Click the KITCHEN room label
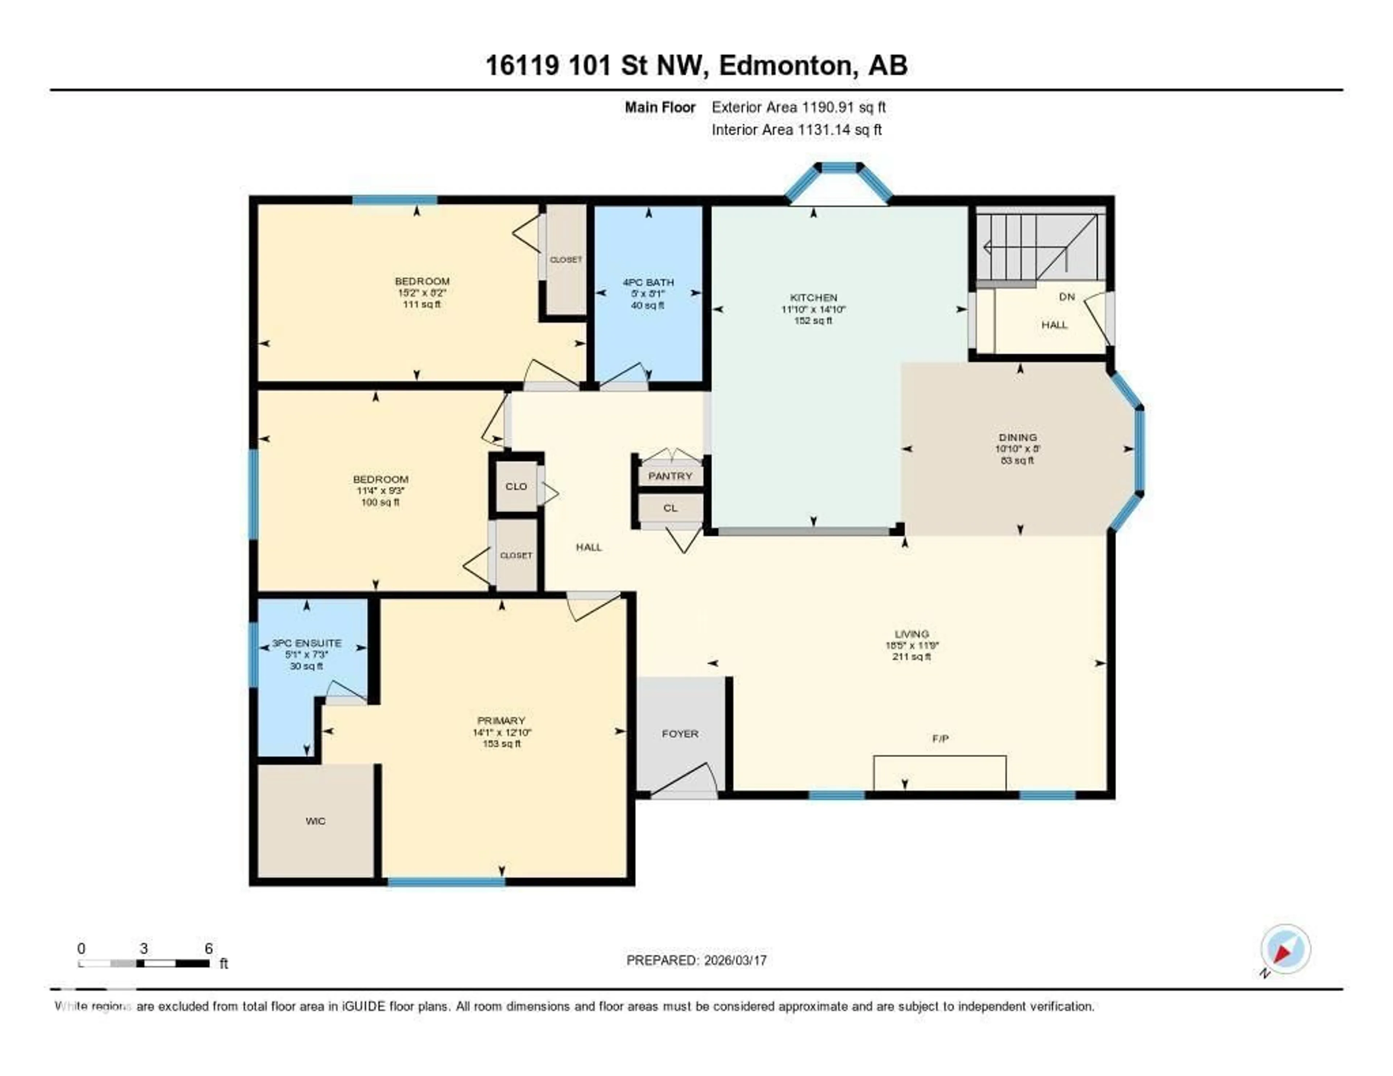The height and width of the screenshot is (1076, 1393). (x=813, y=297)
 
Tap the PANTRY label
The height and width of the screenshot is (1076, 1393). (x=670, y=476)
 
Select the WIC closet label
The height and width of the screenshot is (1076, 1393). (x=315, y=821)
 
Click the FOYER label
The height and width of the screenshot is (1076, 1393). (x=680, y=734)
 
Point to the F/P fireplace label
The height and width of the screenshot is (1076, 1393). (x=940, y=739)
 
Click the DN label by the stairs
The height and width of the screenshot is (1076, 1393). (x=1067, y=297)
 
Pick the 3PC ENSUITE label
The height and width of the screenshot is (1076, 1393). (x=307, y=643)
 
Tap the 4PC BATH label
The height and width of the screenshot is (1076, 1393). (x=648, y=282)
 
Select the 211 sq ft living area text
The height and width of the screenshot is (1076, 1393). (x=912, y=656)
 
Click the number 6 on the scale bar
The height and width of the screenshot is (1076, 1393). (x=209, y=948)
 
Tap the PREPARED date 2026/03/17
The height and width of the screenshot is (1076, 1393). (x=735, y=961)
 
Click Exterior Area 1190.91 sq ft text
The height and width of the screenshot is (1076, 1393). (x=798, y=107)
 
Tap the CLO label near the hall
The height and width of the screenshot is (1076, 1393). (x=516, y=486)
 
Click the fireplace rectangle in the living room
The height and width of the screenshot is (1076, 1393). (x=940, y=773)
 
